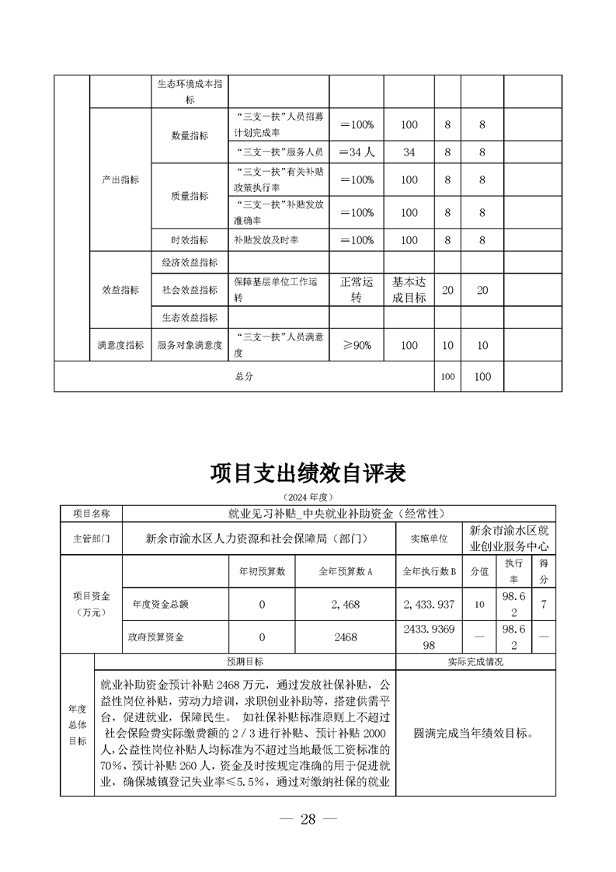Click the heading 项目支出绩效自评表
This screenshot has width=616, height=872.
(x=308, y=473)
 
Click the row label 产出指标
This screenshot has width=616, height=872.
(x=120, y=180)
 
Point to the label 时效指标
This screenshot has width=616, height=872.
(x=190, y=240)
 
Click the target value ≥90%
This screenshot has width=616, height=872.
(x=357, y=346)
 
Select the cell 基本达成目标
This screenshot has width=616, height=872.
(x=409, y=290)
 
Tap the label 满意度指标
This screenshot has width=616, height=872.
(x=120, y=346)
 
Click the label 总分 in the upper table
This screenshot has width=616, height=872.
(x=243, y=377)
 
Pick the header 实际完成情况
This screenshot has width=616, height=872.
(x=475, y=662)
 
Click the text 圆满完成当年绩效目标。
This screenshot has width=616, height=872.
(x=475, y=733)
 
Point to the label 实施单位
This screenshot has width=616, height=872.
(x=430, y=538)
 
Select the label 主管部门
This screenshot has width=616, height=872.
(x=92, y=538)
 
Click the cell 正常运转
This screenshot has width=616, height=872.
(x=357, y=290)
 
